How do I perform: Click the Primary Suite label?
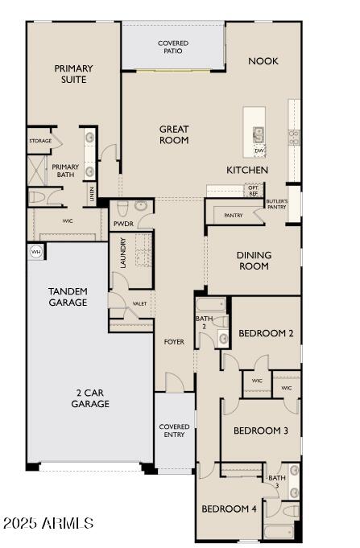click(73, 74)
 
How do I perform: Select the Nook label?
click(263, 61)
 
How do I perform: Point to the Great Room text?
click(173, 134)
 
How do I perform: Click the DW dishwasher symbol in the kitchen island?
click(259, 150)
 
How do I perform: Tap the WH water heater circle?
click(35, 252)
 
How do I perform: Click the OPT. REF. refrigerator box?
click(254, 190)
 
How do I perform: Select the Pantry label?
click(234, 215)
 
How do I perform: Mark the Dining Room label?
click(254, 261)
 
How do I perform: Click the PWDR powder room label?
click(122, 224)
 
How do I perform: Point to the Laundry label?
click(123, 253)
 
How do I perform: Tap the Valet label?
click(139, 303)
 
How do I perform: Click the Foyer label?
click(174, 342)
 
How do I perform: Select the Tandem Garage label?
click(68, 296)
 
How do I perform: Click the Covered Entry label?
click(174, 431)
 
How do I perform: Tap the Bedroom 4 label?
click(229, 509)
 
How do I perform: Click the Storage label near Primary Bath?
click(40, 141)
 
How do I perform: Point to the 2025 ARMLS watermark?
click(48, 524)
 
